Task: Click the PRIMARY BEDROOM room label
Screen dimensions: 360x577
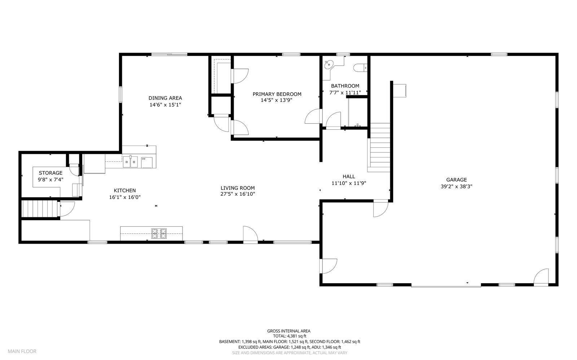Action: tap(277, 94)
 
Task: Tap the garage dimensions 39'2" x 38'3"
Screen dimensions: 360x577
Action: tap(456, 187)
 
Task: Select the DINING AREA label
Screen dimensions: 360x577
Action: tap(165, 98)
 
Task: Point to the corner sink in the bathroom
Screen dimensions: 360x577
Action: tap(329, 65)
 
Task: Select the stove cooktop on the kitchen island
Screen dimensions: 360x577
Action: tap(159, 233)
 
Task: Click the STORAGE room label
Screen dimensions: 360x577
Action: tap(50, 173)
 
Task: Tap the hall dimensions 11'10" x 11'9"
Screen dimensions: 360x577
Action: tap(349, 183)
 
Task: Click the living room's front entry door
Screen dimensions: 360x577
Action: tap(250, 234)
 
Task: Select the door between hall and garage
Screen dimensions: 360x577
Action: tap(380, 209)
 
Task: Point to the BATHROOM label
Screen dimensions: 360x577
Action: tap(345, 86)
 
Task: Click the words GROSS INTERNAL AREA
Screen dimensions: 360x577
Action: tap(288, 331)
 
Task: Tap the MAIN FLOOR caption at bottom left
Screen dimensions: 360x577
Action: tap(22, 351)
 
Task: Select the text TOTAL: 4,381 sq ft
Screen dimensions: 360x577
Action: tap(288, 336)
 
